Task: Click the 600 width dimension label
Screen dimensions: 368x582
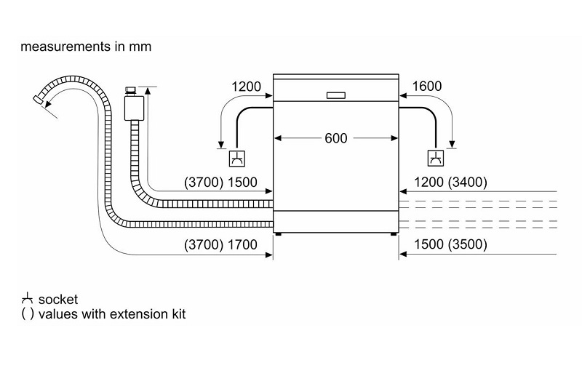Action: click(336, 138)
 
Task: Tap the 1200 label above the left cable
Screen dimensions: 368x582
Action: click(246, 87)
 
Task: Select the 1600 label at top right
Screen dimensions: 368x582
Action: click(426, 87)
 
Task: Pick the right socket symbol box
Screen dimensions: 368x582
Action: click(435, 158)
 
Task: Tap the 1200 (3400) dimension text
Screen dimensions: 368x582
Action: click(450, 182)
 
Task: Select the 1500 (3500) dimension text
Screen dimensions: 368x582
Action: click(450, 244)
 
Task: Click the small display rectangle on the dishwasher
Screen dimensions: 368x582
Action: click(337, 95)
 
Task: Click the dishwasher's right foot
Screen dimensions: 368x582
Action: click(394, 233)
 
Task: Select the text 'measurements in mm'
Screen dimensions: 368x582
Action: click(86, 47)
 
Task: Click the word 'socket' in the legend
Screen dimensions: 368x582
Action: click(58, 300)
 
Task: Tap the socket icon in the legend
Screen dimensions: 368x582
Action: click(27, 299)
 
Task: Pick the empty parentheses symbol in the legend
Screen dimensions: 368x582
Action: click(27, 314)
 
